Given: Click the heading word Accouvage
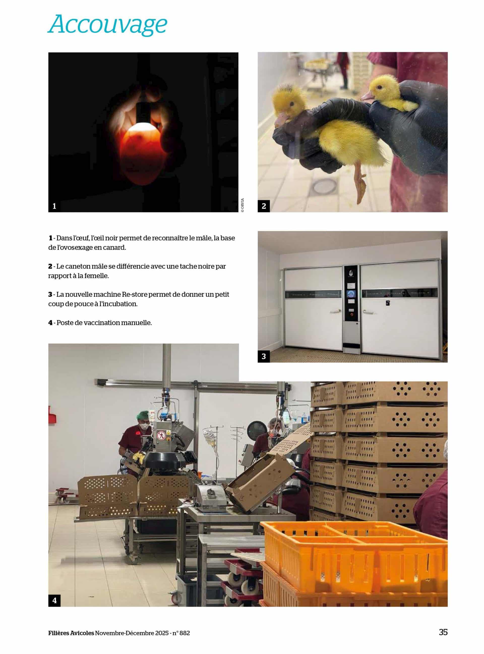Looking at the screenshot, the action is coord(108,25).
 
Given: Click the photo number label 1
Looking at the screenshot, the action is coord(54,206).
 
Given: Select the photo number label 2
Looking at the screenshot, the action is coord(264,206).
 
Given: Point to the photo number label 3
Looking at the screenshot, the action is coord(264,356).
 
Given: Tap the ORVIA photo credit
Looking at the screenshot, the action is coord(242,205).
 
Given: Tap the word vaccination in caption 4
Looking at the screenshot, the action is coord(97,323).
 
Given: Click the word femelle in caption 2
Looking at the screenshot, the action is coord(96,276).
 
